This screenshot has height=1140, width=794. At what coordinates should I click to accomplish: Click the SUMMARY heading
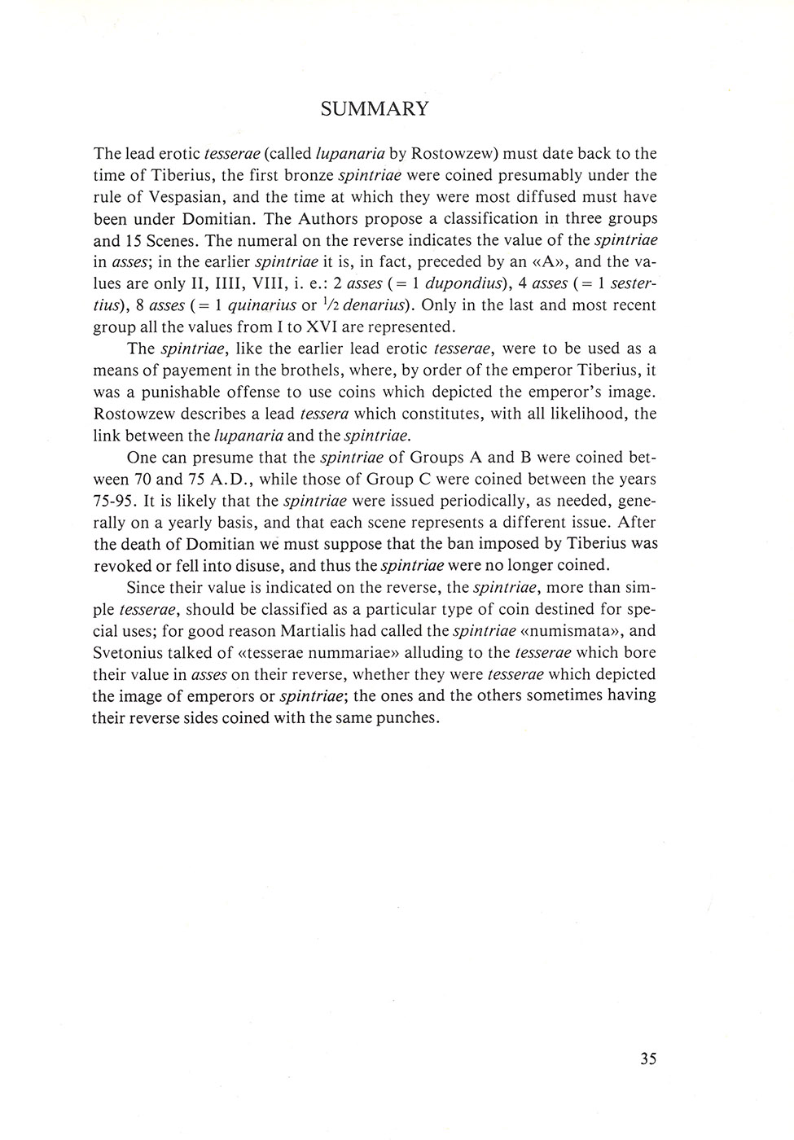(375, 109)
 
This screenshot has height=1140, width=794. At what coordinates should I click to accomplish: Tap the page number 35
(648, 1059)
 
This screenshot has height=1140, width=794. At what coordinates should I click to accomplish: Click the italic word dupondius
(445, 283)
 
